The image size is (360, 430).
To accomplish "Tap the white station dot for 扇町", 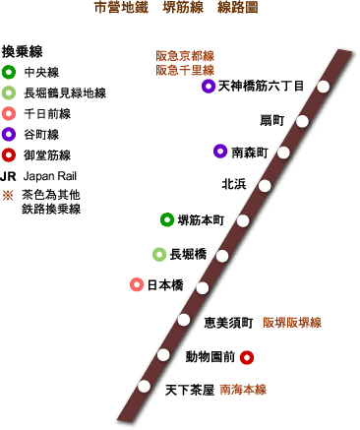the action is (304, 121).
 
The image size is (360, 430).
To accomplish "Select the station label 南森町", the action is (250, 153).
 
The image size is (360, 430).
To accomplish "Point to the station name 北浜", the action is (234, 184).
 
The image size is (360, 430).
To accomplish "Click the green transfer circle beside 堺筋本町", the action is (167, 219).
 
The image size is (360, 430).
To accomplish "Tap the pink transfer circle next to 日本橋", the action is (137, 285).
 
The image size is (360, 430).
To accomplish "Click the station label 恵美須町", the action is (229, 322).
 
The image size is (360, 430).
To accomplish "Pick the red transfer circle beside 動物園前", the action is (247, 357).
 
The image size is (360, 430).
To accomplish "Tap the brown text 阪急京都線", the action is (185, 55).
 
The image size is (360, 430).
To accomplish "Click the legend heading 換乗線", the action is (22, 50).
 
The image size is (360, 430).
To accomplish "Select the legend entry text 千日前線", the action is (47, 113).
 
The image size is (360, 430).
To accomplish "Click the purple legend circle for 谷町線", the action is (9, 134).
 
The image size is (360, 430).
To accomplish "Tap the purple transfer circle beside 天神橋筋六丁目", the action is (208, 87).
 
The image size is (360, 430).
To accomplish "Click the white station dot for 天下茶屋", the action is (146, 386).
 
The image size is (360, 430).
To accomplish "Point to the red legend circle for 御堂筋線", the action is (9, 154).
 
